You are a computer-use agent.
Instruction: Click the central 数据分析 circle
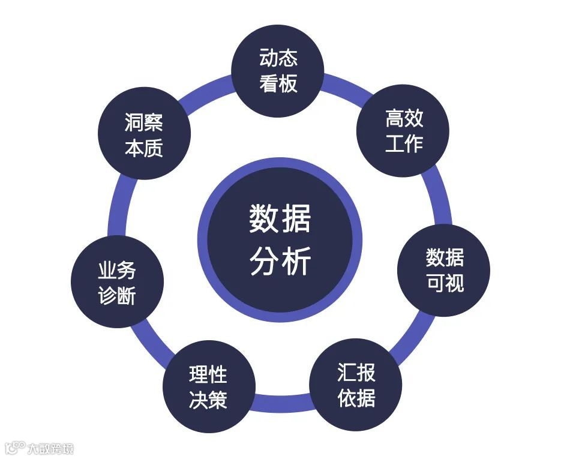coord(280,239)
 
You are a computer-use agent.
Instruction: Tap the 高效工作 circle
coord(403,131)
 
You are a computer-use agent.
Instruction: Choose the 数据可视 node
coord(445,271)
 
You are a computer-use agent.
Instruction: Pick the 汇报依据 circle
coord(356,385)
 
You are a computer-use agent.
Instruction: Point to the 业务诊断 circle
coord(117,283)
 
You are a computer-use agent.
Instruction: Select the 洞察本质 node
coord(144,135)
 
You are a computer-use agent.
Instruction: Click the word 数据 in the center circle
coord(280,219)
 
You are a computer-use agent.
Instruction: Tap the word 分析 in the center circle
coord(280,262)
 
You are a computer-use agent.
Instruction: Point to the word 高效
coord(404,119)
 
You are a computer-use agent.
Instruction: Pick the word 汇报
coord(356,373)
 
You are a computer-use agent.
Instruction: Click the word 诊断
coord(117,296)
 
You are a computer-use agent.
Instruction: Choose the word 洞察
coord(144,123)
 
